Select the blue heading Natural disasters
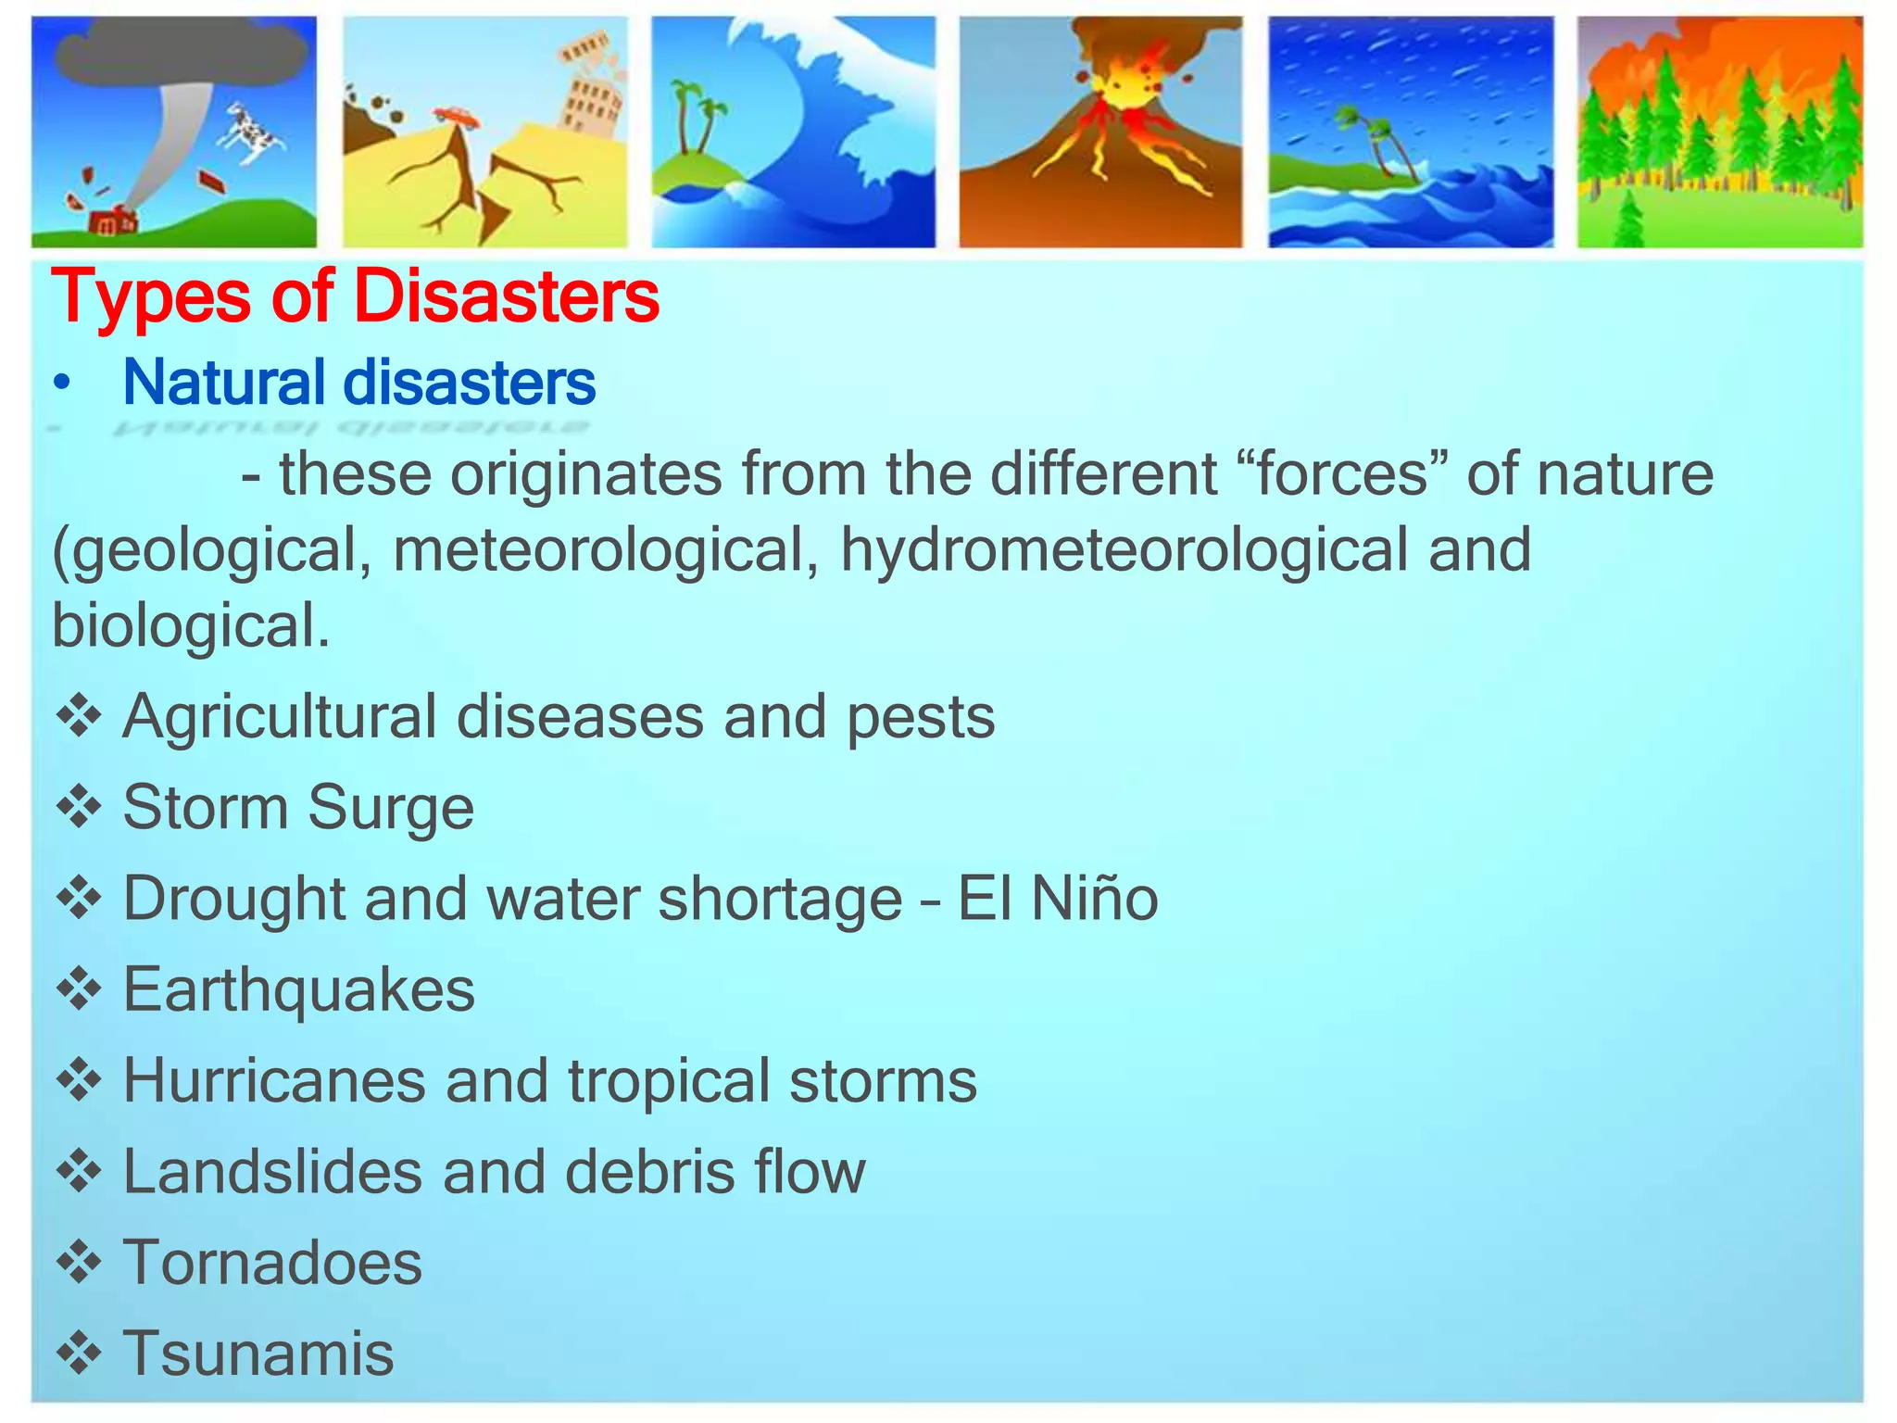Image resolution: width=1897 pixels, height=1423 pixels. [359, 383]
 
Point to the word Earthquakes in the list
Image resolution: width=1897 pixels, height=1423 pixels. [298, 989]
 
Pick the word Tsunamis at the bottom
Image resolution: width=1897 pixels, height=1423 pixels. [258, 1354]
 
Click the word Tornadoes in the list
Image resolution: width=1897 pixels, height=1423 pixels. [272, 1263]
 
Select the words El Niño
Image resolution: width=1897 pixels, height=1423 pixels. [1057, 899]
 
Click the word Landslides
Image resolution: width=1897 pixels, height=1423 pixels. [272, 1172]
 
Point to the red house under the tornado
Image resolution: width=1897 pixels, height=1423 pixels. [113, 222]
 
